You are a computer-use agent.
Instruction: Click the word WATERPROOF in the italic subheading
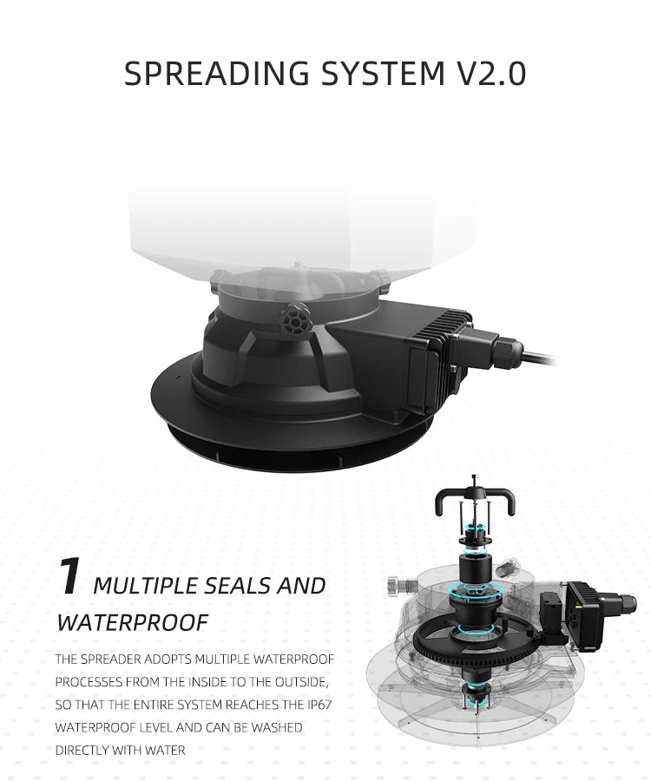tap(133, 622)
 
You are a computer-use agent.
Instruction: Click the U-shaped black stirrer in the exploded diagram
tap(475, 501)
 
